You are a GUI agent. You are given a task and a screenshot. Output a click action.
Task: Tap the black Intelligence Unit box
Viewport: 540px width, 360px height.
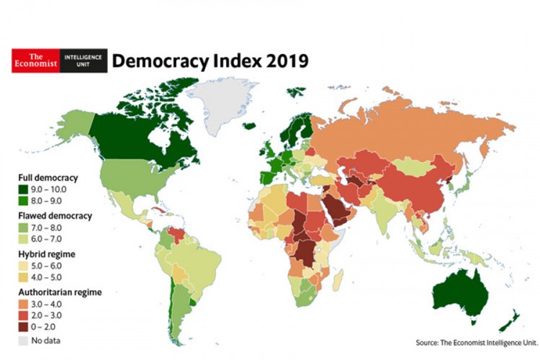pyautogui.click(x=82, y=60)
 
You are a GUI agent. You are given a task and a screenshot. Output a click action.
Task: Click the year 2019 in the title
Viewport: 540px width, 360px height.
pyautogui.click(x=284, y=60)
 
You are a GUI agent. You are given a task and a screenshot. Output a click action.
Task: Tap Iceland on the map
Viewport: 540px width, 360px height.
pyautogui.click(x=250, y=125)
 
